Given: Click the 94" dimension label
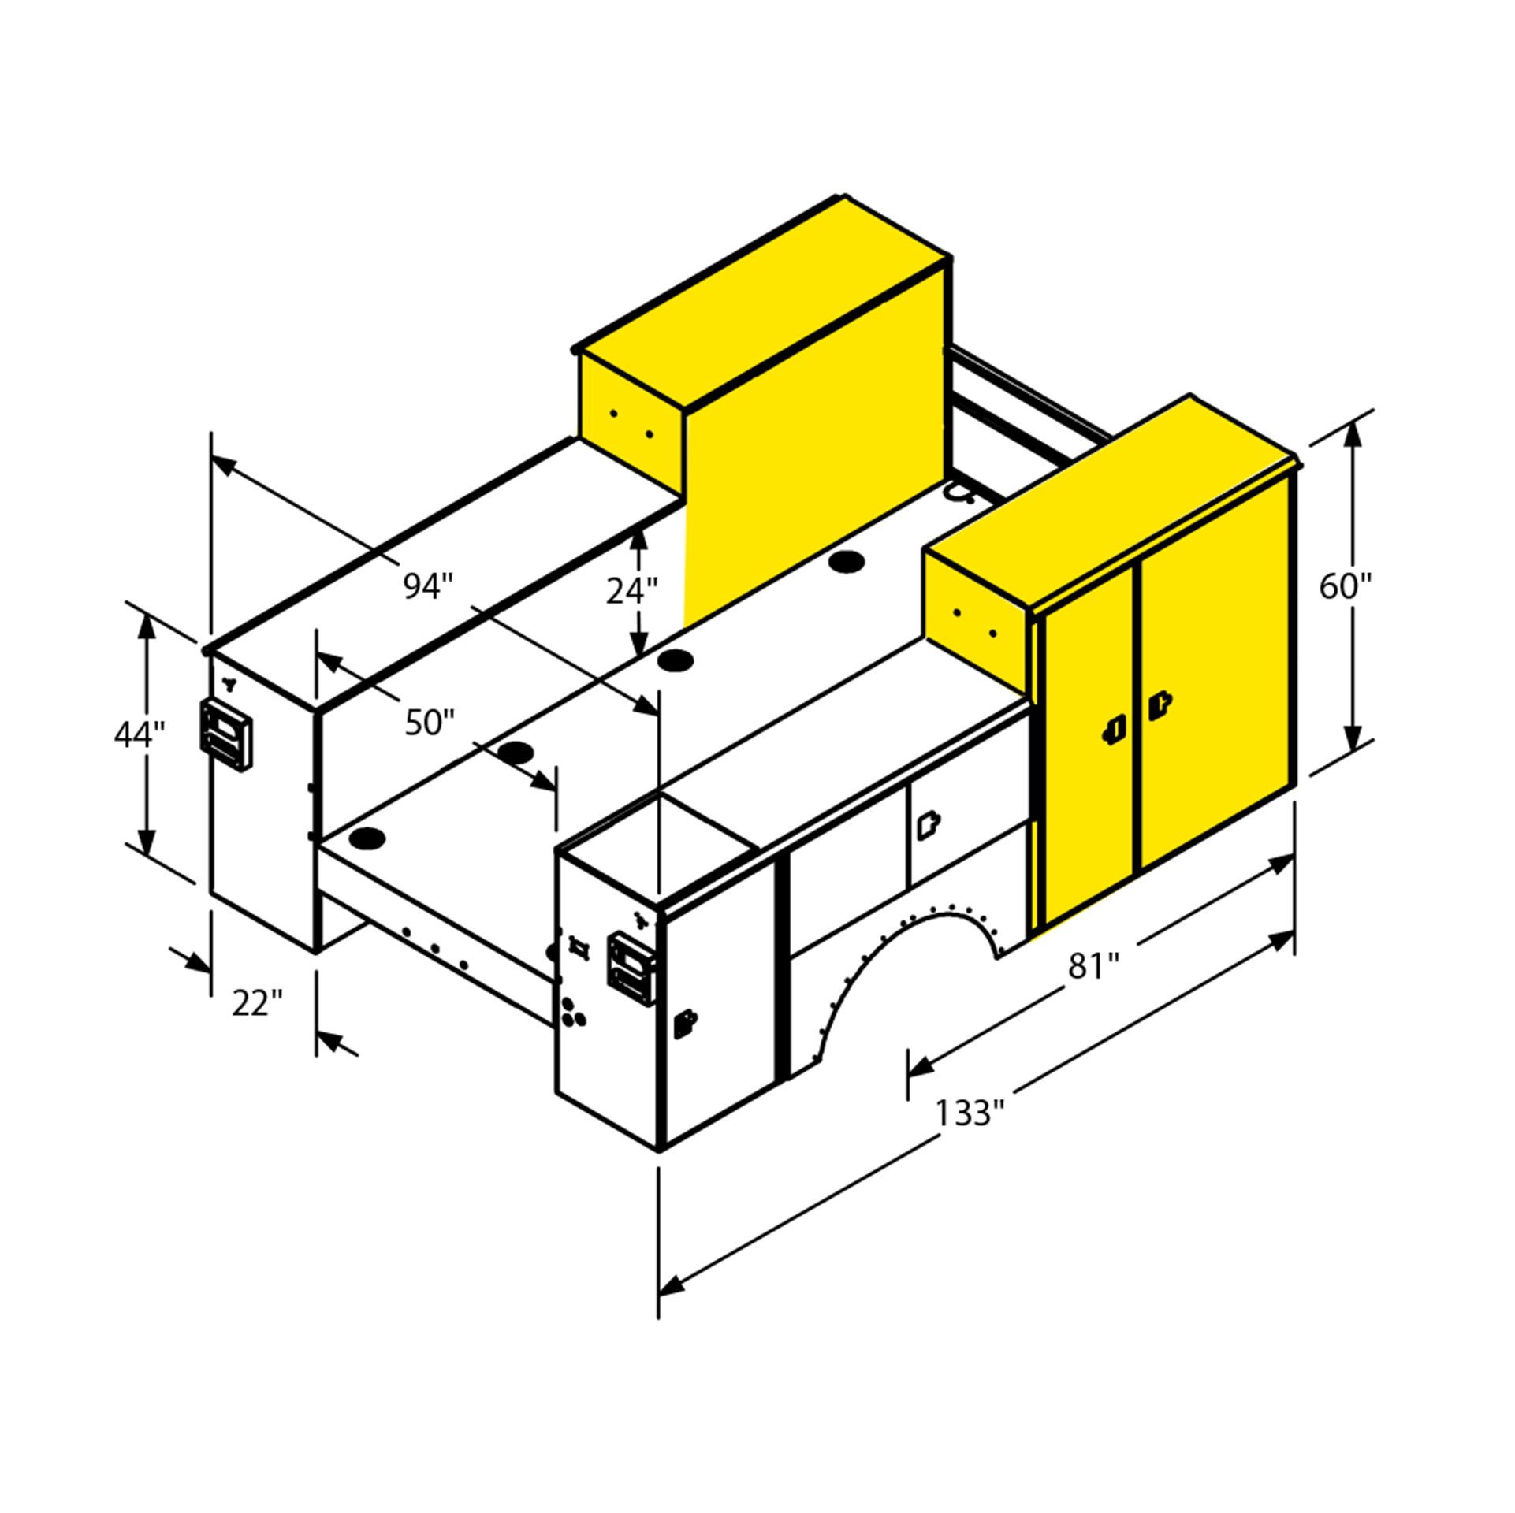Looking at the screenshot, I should [428, 585].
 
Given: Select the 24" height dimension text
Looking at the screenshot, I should [631, 590].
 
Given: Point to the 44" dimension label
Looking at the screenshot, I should [140, 734].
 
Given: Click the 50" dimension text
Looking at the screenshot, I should [430, 722].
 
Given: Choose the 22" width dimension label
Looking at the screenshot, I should [257, 1003].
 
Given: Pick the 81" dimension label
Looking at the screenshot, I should [1093, 966].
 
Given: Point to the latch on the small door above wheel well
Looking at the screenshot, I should [928, 825].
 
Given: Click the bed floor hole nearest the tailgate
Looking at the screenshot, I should [367, 838].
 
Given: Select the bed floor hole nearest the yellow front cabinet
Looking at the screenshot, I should [847, 563].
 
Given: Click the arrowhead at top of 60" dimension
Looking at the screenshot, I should [1353, 433].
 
